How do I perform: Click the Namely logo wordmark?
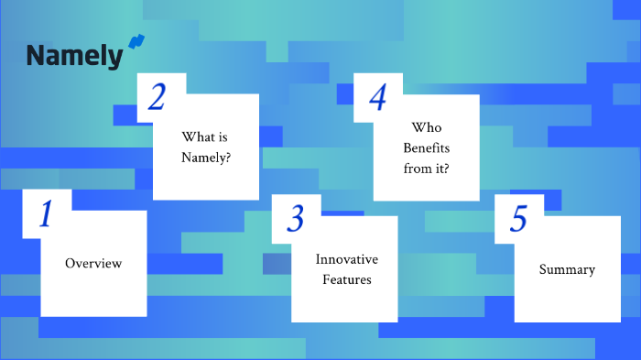[x=74, y=57]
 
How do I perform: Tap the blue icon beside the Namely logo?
[x=136, y=42]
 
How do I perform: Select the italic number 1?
[x=46, y=213]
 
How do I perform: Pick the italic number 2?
[x=157, y=97]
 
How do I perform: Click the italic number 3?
[x=295, y=218]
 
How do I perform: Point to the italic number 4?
[x=377, y=97]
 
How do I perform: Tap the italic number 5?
[x=518, y=218]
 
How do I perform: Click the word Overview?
[x=93, y=264]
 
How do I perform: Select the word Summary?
[x=567, y=269]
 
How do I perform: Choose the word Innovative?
[x=347, y=259]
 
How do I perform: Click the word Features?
[x=347, y=279]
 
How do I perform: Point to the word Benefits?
[x=427, y=148]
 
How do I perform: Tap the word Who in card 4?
[x=427, y=127]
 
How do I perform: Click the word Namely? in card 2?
[x=206, y=158]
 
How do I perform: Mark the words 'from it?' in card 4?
[x=427, y=169]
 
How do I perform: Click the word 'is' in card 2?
[x=223, y=137]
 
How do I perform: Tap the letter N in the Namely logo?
[x=36, y=55]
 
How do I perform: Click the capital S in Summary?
[x=543, y=269]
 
